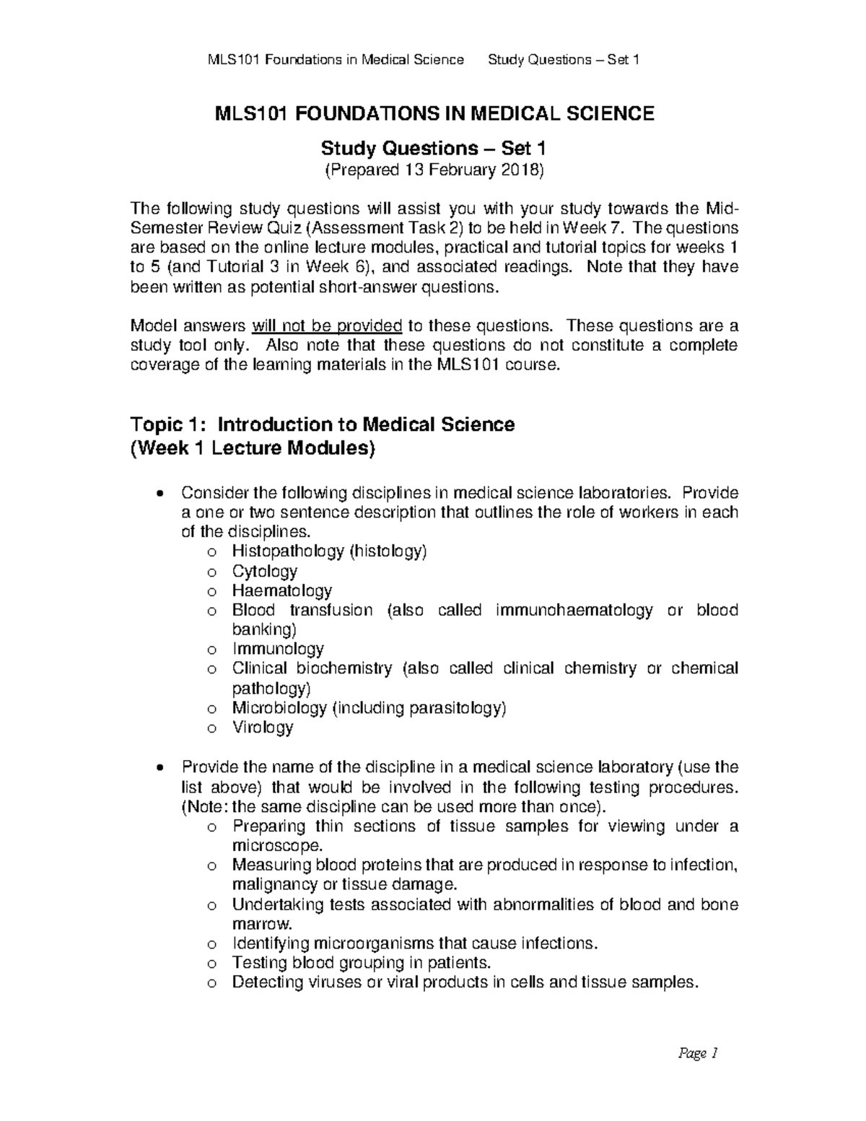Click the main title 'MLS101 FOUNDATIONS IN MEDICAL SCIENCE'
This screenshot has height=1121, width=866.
pos(433,113)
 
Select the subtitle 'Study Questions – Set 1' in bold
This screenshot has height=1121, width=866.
pos(433,149)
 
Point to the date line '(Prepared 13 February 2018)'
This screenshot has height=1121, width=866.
pos(433,170)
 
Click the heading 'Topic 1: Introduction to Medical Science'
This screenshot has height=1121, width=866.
pos(322,424)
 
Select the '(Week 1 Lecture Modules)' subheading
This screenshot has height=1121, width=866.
pos(253,449)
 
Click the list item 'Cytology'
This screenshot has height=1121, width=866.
pos(264,572)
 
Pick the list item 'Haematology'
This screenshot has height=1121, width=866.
pos(281,591)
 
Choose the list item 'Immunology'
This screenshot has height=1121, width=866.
pos(278,649)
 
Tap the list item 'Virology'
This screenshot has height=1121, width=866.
pos(263,727)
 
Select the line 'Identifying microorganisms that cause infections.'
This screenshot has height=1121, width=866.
pos(415,943)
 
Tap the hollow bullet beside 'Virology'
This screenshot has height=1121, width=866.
pos(211,728)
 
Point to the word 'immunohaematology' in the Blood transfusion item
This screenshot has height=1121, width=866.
pos(574,610)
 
